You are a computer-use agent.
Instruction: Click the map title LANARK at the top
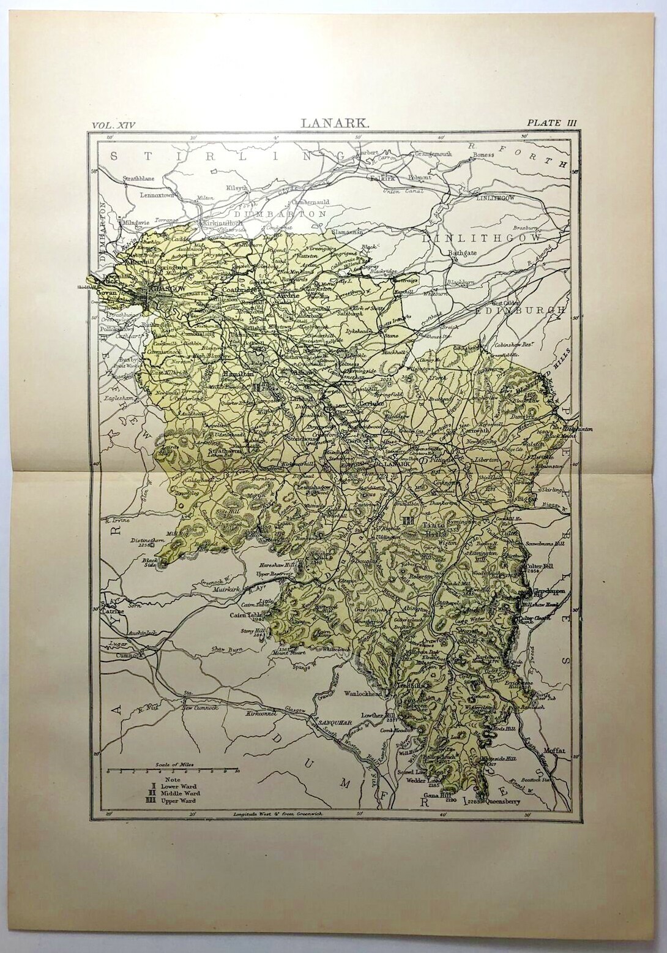(335, 123)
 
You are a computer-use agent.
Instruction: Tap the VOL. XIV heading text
(112, 124)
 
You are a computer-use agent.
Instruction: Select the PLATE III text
(547, 123)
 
